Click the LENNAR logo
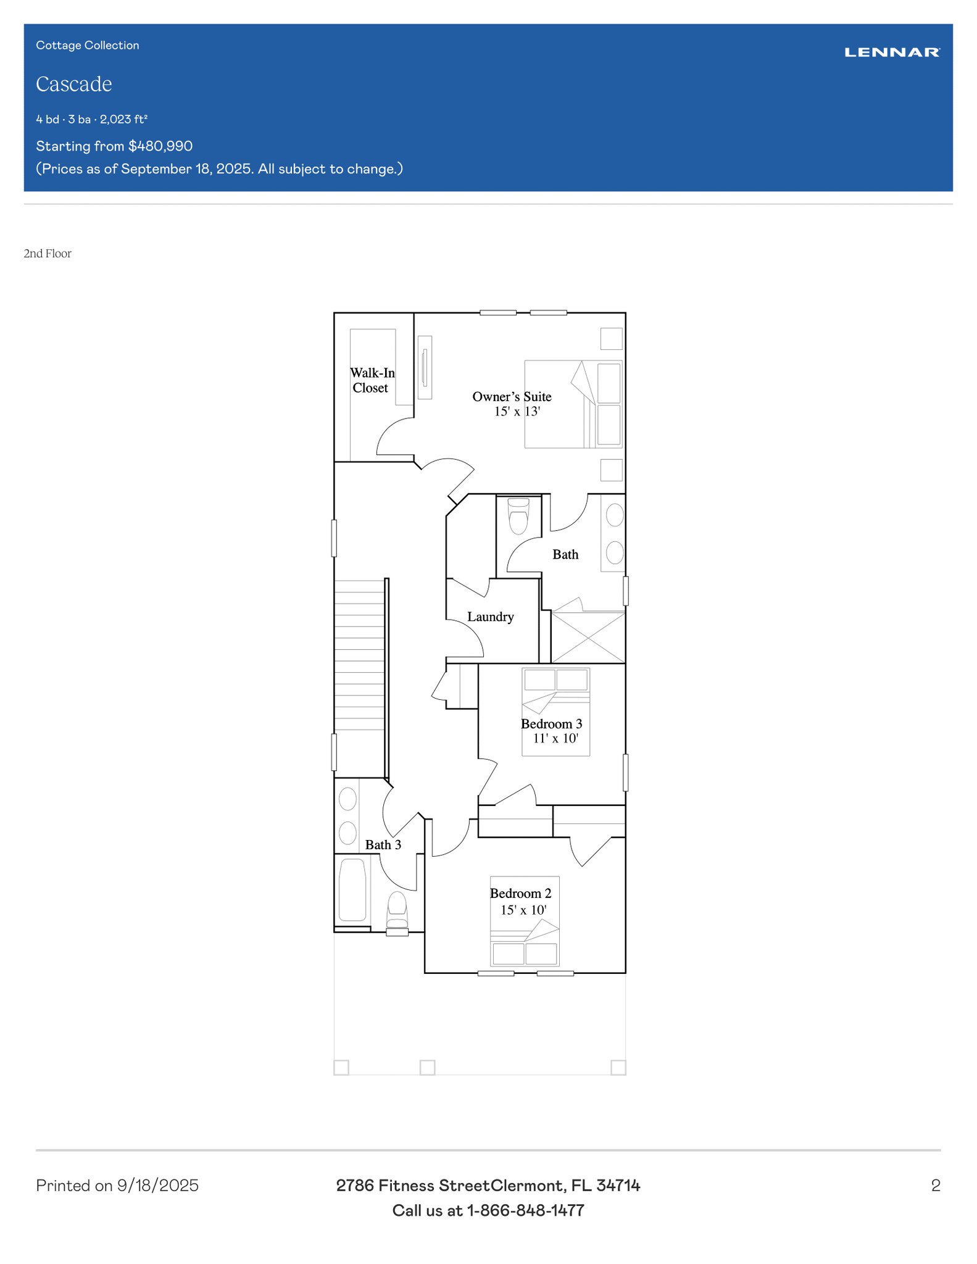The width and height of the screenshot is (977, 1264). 892,52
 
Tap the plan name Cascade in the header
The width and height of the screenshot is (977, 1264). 74,84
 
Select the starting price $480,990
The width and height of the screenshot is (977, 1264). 160,146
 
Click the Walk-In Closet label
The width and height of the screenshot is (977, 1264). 372,380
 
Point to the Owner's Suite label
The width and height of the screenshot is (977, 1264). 512,396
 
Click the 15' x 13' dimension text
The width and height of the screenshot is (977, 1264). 517,412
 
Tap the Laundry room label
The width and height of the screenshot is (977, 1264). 491,617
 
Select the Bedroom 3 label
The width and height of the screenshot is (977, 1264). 552,723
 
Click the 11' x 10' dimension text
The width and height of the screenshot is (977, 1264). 556,738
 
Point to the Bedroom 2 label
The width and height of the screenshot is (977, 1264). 521,893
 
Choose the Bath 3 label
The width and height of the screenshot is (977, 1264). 383,845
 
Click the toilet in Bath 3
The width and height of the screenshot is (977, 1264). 397,910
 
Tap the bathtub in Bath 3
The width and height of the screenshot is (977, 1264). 352,890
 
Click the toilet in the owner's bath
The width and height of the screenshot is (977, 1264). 518,516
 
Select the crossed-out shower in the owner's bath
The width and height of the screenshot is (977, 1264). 588,638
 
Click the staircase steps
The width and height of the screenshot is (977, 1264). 360,655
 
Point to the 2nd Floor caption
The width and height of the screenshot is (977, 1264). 48,254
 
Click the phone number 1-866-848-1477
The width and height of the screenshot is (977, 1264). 526,1210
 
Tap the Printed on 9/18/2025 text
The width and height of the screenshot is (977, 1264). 117,1186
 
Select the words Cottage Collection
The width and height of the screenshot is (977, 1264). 88,45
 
